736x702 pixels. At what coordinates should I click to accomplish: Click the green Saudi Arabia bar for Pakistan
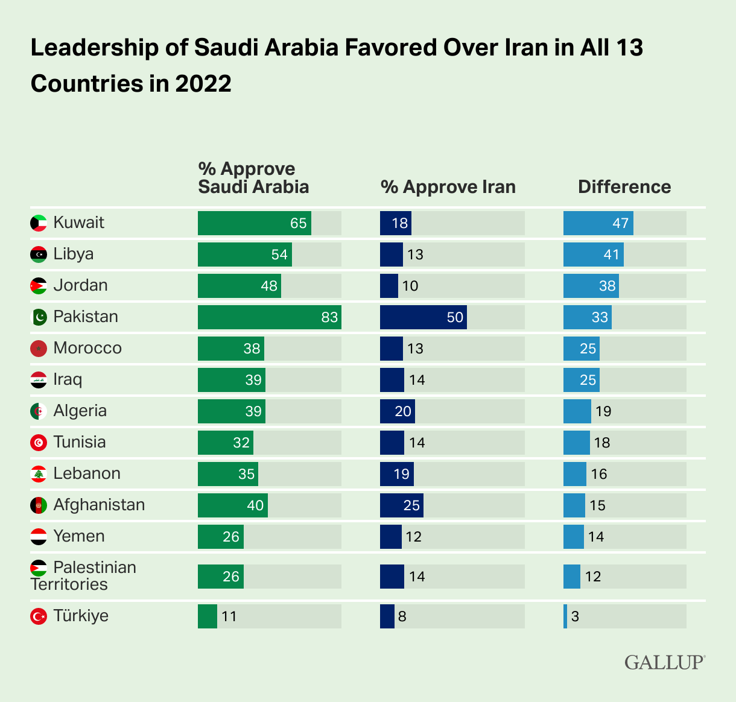click(x=269, y=317)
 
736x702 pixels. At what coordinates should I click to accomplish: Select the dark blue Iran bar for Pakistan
click(x=423, y=317)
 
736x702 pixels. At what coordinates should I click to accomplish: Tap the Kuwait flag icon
click(x=39, y=223)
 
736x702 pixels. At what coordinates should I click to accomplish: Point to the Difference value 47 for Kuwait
click(x=620, y=223)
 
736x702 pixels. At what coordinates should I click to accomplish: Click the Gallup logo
click(x=664, y=662)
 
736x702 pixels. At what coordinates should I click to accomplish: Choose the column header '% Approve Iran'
click(x=448, y=187)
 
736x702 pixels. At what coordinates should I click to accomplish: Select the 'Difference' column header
click(x=624, y=187)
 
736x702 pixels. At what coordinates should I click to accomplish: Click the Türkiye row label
click(x=81, y=616)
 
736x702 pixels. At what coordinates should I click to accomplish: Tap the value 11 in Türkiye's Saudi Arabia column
click(x=229, y=616)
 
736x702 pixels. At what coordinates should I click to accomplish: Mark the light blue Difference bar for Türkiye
click(x=565, y=616)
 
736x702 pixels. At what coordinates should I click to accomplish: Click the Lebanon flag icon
click(x=39, y=473)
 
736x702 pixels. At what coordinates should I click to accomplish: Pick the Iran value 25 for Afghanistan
click(x=411, y=505)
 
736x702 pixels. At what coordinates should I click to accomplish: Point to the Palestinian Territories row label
click(x=83, y=576)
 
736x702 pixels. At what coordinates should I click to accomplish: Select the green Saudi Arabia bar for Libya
click(x=244, y=255)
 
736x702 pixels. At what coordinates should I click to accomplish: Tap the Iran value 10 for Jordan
click(x=410, y=286)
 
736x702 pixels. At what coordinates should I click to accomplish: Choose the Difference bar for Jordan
click(x=591, y=286)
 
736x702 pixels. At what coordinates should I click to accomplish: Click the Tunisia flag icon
click(x=39, y=442)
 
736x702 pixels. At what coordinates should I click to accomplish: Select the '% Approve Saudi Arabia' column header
click(x=253, y=177)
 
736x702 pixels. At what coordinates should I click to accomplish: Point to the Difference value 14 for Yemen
click(x=595, y=537)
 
